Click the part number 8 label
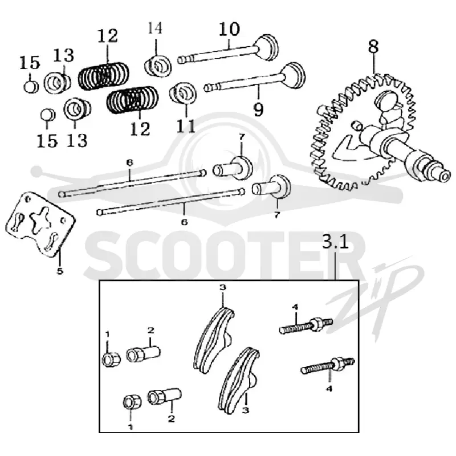pos(374,47)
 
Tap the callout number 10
pos(229,29)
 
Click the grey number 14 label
pos(155,28)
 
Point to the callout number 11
pos(186,126)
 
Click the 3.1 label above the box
pos(335,241)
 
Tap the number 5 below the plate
pos(60,271)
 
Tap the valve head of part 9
pos(293,75)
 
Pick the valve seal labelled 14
pos(158,66)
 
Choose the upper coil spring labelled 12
pos(104,76)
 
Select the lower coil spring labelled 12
pos(133,100)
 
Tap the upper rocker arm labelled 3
pos(214,339)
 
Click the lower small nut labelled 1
pos(132,402)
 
